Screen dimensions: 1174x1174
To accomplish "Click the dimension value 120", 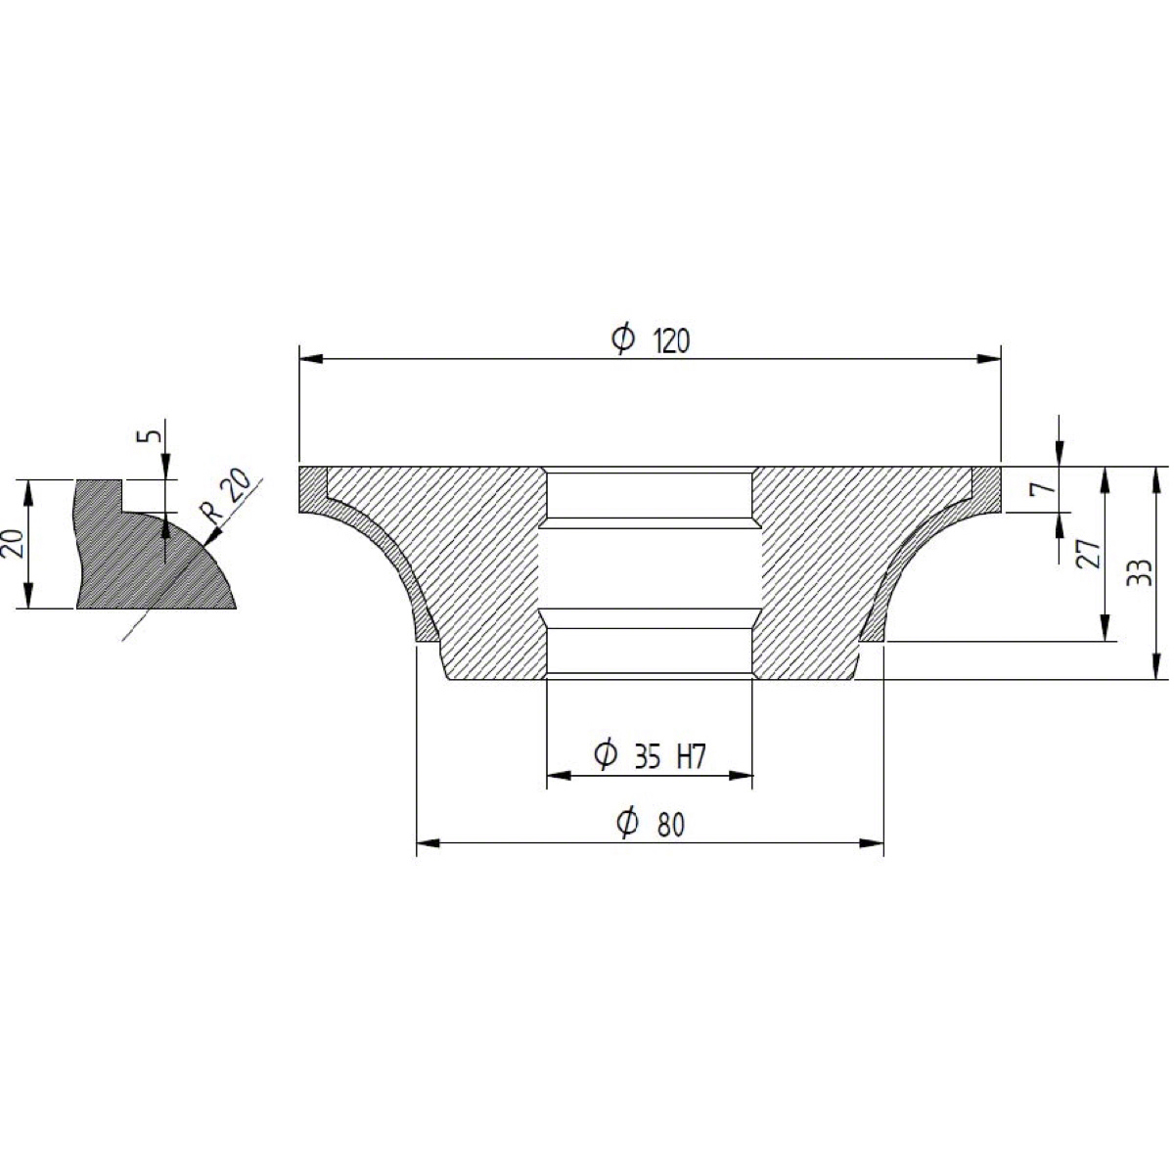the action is coord(671,341).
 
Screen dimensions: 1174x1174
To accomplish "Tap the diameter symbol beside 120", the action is coord(623,339).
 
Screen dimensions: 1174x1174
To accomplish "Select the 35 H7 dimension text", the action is coord(670,757).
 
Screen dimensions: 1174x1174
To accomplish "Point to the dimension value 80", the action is coord(671,826).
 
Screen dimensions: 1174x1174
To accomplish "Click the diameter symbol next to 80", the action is coord(627,824).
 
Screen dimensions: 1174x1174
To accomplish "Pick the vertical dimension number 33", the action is coord(1139,572).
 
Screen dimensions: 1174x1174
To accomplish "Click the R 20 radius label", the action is coord(225,495).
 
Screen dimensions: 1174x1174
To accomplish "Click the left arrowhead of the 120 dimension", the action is coord(311,359).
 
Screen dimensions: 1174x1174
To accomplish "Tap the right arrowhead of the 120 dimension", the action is coord(989,359).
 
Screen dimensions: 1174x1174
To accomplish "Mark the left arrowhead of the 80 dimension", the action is coord(429,843).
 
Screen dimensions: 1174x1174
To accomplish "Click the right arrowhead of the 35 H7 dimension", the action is coord(741,776).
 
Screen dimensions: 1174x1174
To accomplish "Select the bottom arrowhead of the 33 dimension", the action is coord(1155,667).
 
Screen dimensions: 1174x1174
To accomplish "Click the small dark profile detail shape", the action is coord(153,545).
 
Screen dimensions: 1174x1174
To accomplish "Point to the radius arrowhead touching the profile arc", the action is coord(213,536).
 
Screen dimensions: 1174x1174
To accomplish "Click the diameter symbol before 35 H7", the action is coord(606,755).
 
